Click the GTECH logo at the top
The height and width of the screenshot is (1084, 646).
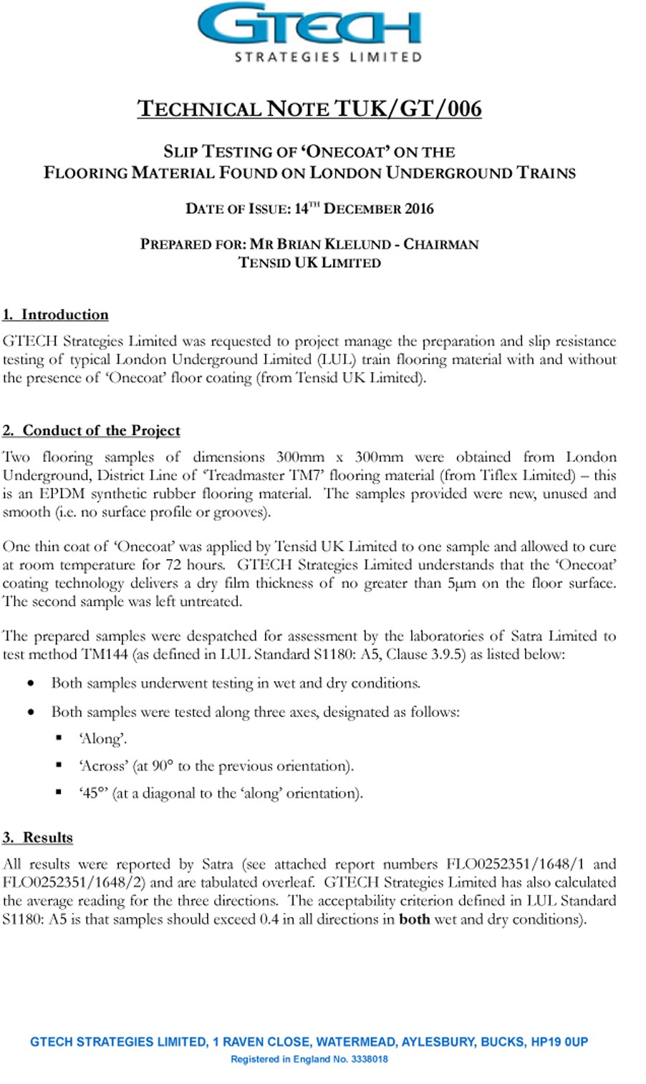(x=309, y=29)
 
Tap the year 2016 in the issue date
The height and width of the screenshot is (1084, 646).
(x=419, y=209)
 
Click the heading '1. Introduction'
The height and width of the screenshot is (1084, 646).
(x=56, y=315)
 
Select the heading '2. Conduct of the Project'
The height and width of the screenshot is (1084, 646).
(x=92, y=431)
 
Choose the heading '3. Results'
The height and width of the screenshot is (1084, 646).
(x=38, y=838)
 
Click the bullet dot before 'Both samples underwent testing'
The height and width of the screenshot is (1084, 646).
(x=31, y=683)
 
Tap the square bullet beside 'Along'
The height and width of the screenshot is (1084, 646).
(x=59, y=738)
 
